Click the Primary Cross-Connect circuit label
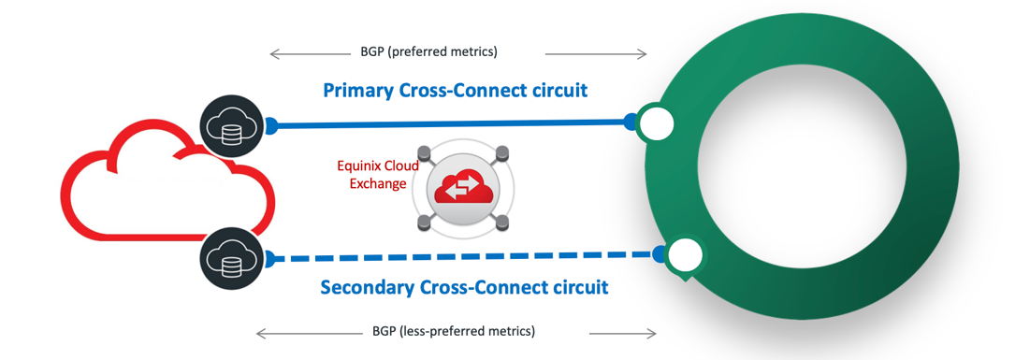tap(455, 91)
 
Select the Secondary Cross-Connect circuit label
tap(464, 287)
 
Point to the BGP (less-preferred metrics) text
tap(453, 332)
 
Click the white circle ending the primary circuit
tap(657, 124)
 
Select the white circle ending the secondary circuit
tap(686, 254)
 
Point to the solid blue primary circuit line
tap(449, 122)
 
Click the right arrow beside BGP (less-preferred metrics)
tap(623, 332)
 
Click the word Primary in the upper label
tap(357, 91)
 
